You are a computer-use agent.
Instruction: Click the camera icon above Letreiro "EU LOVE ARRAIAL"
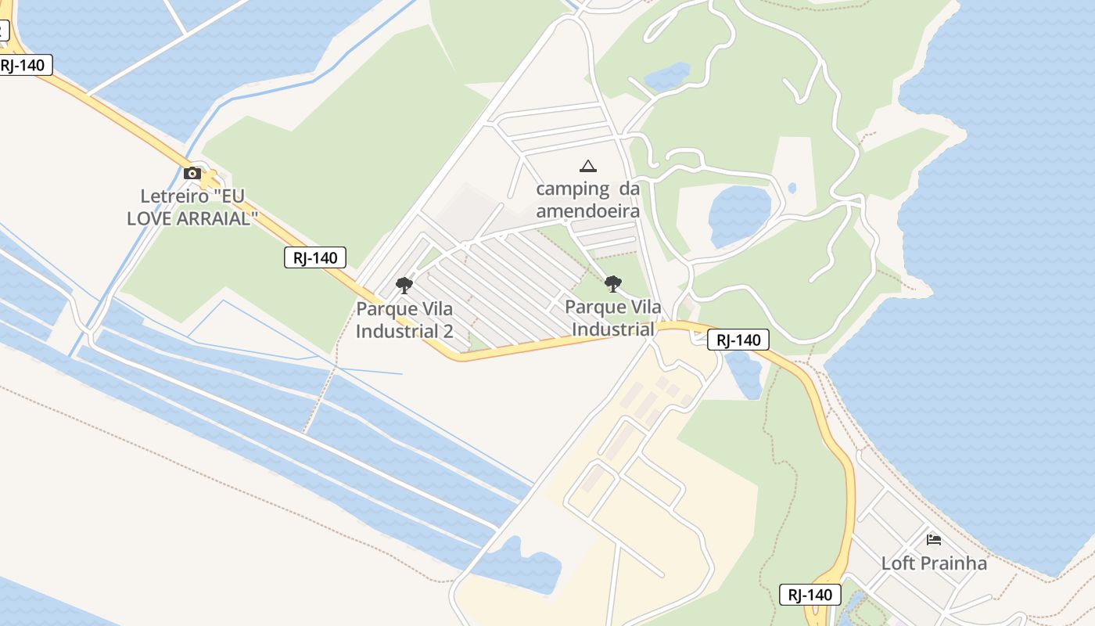[x=192, y=174]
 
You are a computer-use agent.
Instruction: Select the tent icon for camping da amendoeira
[x=587, y=166]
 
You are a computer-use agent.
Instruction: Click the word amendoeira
[x=587, y=211]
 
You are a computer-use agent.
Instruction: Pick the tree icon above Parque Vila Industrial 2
[x=404, y=285]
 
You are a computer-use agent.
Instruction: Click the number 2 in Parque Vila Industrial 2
[x=448, y=331]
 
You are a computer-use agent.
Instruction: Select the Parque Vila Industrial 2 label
[x=404, y=319]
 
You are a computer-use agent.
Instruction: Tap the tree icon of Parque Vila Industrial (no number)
[x=613, y=283]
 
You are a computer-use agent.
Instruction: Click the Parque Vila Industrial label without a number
[x=613, y=318]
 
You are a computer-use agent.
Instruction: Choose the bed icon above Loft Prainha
[x=933, y=539]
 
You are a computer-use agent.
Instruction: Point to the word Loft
[x=896, y=563]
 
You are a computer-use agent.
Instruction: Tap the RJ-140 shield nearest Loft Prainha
[x=810, y=595]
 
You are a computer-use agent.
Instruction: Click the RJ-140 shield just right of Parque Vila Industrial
[x=738, y=340]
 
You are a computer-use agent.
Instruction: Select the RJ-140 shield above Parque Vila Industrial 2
[x=314, y=257]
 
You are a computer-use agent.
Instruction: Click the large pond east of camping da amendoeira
[x=738, y=214]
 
